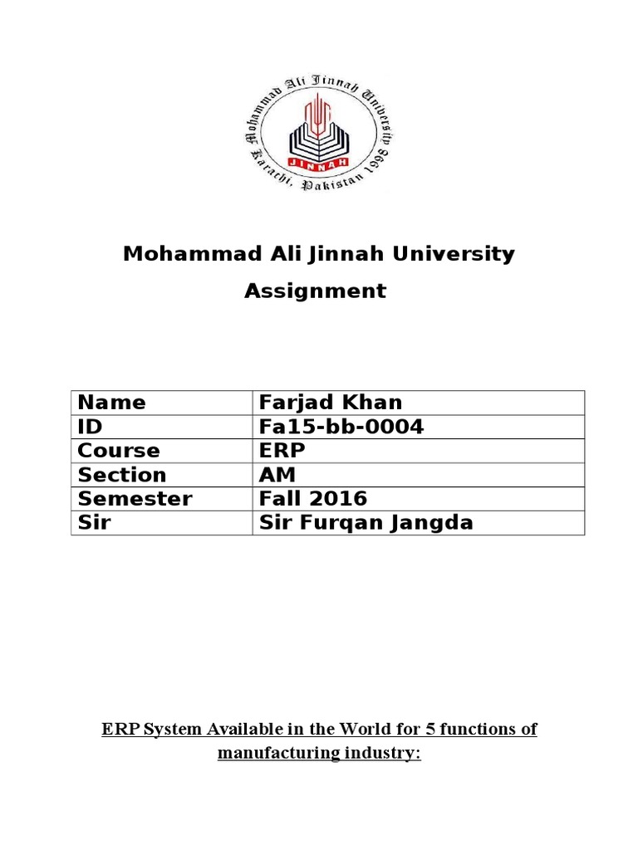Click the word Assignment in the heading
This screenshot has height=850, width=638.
[315, 291]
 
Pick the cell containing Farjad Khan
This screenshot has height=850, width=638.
[331, 403]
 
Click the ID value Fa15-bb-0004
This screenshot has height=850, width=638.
[341, 427]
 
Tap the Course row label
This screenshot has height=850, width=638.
[118, 451]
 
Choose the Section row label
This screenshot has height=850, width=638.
[121, 475]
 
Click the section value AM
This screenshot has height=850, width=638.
[278, 475]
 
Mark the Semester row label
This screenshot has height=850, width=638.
[134, 499]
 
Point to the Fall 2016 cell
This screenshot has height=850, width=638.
[313, 499]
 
